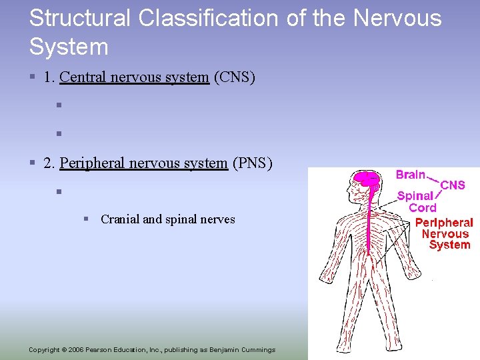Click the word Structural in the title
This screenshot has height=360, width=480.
coord(81,18)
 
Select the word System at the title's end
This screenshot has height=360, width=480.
coord(69,47)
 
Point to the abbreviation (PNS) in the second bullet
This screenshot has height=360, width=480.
coord(252,163)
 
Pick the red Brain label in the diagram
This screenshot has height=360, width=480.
coord(411,175)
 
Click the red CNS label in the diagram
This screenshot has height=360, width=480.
coord(453,185)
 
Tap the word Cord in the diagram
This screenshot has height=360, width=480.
coord(422,207)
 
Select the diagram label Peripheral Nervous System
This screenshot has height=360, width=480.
coord(444,233)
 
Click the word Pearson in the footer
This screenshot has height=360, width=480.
coord(105,350)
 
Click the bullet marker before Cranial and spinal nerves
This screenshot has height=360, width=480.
coord(87,219)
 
